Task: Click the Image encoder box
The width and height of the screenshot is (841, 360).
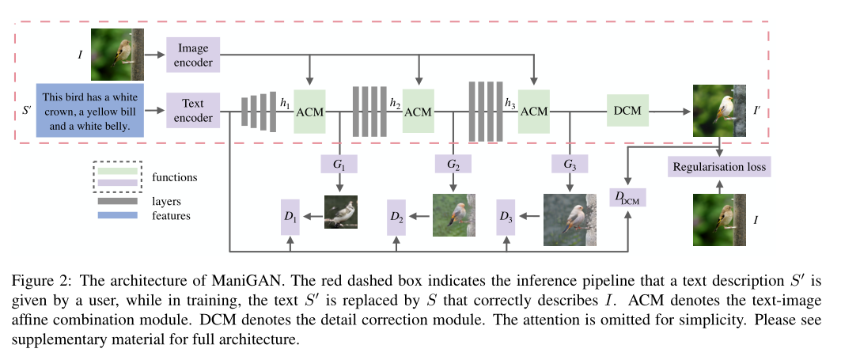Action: (x=193, y=54)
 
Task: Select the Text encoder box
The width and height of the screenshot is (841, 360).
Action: (x=193, y=112)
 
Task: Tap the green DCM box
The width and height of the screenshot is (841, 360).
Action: (x=628, y=112)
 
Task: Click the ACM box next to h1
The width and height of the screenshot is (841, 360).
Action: (x=309, y=112)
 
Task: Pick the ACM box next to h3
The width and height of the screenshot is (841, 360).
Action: (x=534, y=112)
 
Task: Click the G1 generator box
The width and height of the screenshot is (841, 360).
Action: (x=339, y=164)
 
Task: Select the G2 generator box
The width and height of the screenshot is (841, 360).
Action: (x=453, y=164)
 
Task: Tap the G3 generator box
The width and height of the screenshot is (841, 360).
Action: (x=570, y=164)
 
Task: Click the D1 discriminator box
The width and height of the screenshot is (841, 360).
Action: (x=291, y=215)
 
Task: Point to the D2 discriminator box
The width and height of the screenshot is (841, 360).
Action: (x=397, y=215)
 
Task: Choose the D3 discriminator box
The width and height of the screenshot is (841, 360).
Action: (x=506, y=215)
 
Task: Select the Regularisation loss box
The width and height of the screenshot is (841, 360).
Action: (x=718, y=167)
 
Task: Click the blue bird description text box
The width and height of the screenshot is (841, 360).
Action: (x=89, y=110)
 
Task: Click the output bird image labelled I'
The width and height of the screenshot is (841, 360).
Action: (x=719, y=111)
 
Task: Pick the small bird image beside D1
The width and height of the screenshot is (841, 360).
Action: (x=341, y=212)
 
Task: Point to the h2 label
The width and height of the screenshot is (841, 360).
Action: (x=395, y=103)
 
